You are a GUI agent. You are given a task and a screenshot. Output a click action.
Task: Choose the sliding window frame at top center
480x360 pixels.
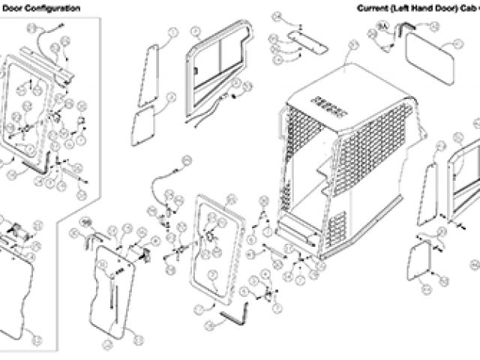[217, 67]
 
